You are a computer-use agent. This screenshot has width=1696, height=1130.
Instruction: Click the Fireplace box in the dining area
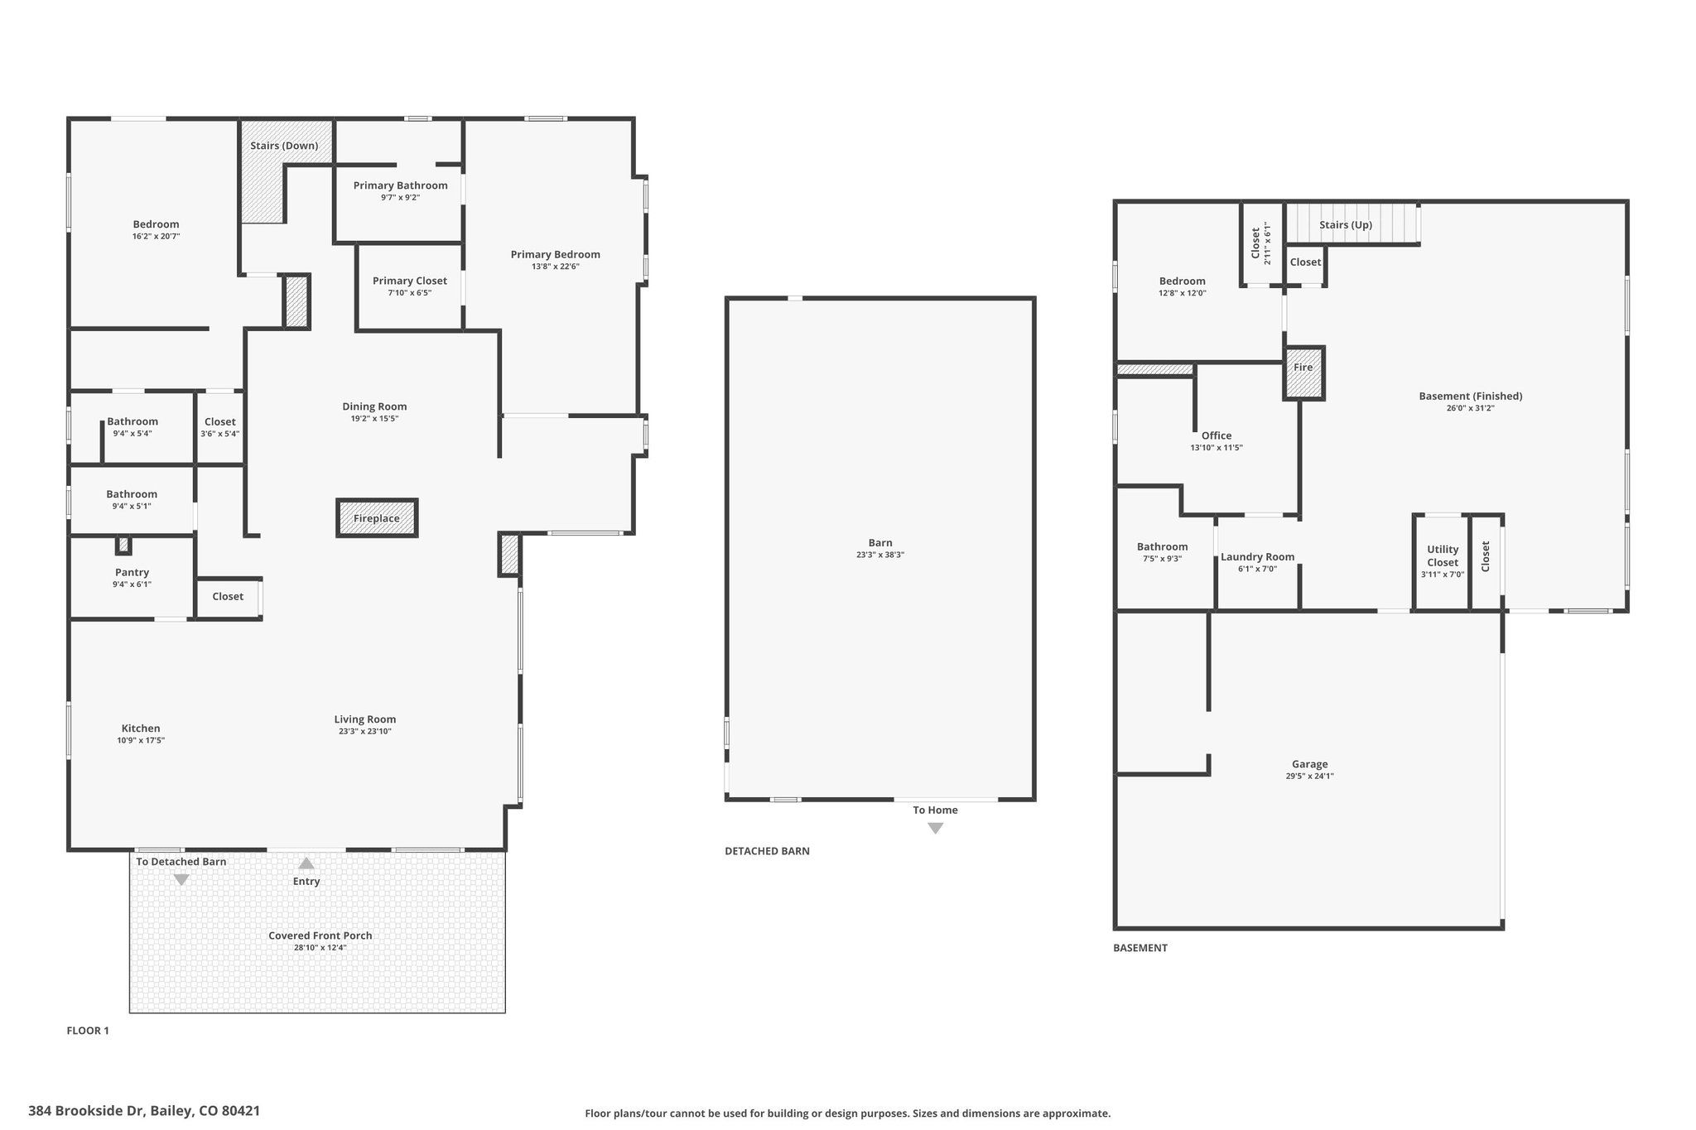(x=377, y=518)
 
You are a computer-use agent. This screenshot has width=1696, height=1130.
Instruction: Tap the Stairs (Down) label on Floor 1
(x=284, y=146)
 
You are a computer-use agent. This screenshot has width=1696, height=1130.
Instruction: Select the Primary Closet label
(x=410, y=281)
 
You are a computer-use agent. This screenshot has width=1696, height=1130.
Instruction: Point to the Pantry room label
(x=132, y=572)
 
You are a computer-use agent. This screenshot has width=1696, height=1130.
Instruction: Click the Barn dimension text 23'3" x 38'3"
(x=880, y=555)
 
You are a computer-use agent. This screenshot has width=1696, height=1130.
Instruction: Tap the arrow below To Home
(x=935, y=828)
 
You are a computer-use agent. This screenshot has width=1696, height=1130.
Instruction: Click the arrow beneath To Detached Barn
(x=181, y=880)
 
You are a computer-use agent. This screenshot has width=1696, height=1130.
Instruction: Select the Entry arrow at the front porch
(x=306, y=863)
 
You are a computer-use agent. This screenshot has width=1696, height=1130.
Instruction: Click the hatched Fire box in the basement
(x=1304, y=373)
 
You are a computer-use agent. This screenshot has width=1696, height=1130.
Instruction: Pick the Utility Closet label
(x=1443, y=555)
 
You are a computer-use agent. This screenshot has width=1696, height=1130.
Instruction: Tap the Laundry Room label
(x=1257, y=557)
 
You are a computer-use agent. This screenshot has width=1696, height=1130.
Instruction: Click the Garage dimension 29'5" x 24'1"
(x=1309, y=777)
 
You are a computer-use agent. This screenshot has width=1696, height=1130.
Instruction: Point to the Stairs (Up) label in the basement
(x=1346, y=225)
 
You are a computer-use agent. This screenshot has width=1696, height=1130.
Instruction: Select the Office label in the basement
(x=1217, y=435)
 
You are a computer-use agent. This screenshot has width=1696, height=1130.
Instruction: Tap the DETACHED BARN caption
(x=767, y=851)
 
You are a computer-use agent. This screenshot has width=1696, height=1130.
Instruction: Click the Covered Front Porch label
(x=320, y=935)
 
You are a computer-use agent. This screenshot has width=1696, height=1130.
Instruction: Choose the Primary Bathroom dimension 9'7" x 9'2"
(x=401, y=198)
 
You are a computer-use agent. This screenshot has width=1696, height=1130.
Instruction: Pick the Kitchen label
(x=141, y=728)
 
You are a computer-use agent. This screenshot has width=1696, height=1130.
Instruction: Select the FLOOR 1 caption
(x=88, y=1031)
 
